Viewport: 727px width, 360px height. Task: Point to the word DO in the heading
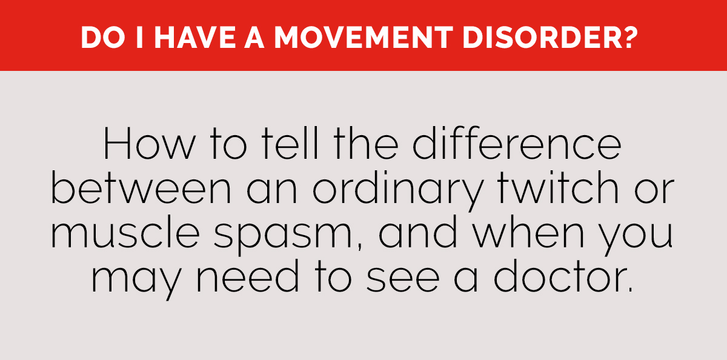98,38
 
